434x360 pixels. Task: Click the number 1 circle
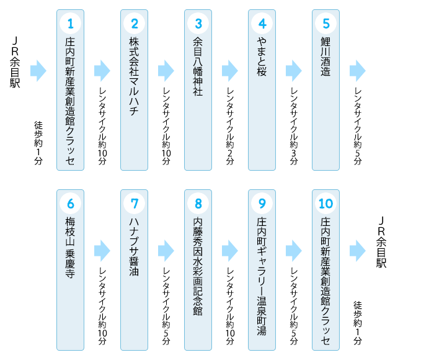(70, 24)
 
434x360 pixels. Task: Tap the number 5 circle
(325, 24)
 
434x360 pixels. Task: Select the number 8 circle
(198, 204)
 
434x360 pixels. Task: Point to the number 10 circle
(325, 204)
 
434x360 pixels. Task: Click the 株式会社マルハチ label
(135, 76)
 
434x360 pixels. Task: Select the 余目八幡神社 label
(198, 66)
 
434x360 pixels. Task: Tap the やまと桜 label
(262, 57)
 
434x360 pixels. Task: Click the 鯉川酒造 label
(325, 57)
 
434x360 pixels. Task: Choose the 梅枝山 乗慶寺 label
(70, 248)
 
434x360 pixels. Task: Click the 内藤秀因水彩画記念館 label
(198, 266)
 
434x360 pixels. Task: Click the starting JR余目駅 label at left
(15, 62)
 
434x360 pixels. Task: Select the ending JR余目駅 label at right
(381, 242)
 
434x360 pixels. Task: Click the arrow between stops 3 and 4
(230, 71)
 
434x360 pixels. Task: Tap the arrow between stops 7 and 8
(166, 251)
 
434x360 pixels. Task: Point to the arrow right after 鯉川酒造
(358, 71)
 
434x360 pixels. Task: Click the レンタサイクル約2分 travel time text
(230, 127)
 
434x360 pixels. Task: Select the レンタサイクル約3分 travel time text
(294, 127)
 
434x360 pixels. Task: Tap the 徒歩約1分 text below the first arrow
(38, 143)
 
